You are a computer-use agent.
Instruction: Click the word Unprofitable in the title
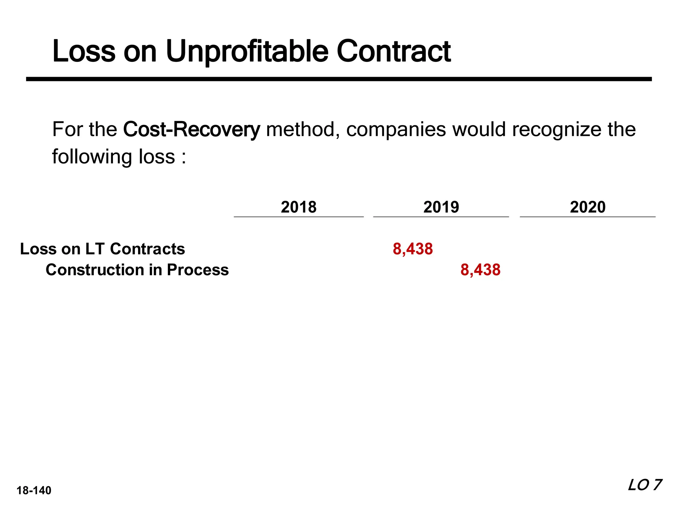pyautogui.click(x=247, y=52)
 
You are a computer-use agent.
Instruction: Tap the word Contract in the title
pyautogui.click(x=394, y=52)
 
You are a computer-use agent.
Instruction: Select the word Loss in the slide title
pyautogui.click(x=84, y=52)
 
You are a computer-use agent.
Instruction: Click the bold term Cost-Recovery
pyautogui.click(x=191, y=129)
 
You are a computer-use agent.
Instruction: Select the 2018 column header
pyautogui.click(x=299, y=207)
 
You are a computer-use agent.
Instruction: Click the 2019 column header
pyautogui.click(x=441, y=207)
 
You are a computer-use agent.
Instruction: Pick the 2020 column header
pyautogui.click(x=588, y=207)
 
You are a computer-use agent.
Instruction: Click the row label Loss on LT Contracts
pyautogui.click(x=102, y=249)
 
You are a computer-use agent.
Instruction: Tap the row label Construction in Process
pyautogui.click(x=137, y=270)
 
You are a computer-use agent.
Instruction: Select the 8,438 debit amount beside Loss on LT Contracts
pyautogui.click(x=412, y=249)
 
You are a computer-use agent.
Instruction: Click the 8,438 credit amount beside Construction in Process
pyautogui.click(x=480, y=270)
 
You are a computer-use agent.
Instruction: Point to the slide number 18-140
pyautogui.click(x=34, y=490)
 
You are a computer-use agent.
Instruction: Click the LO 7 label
pyautogui.click(x=644, y=485)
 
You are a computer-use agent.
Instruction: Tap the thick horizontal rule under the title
pyautogui.click(x=339, y=79)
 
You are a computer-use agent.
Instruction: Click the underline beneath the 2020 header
pyautogui.click(x=588, y=217)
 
